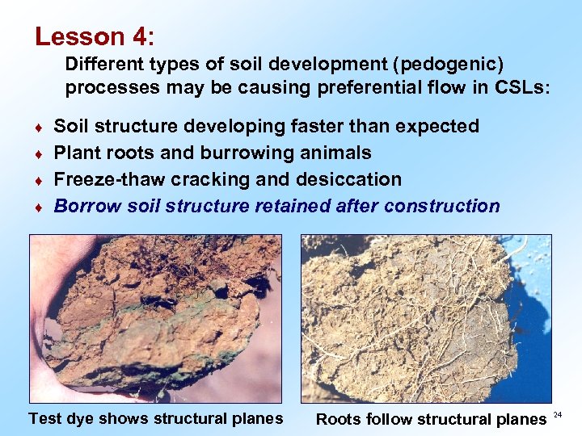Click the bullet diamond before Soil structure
(x=40, y=128)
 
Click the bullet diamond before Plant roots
(x=40, y=154)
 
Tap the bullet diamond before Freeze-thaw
(x=40, y=181)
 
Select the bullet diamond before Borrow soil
(x=40, y=208)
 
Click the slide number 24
(x=558, y=414)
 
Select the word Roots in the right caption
(x=339, y=419)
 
